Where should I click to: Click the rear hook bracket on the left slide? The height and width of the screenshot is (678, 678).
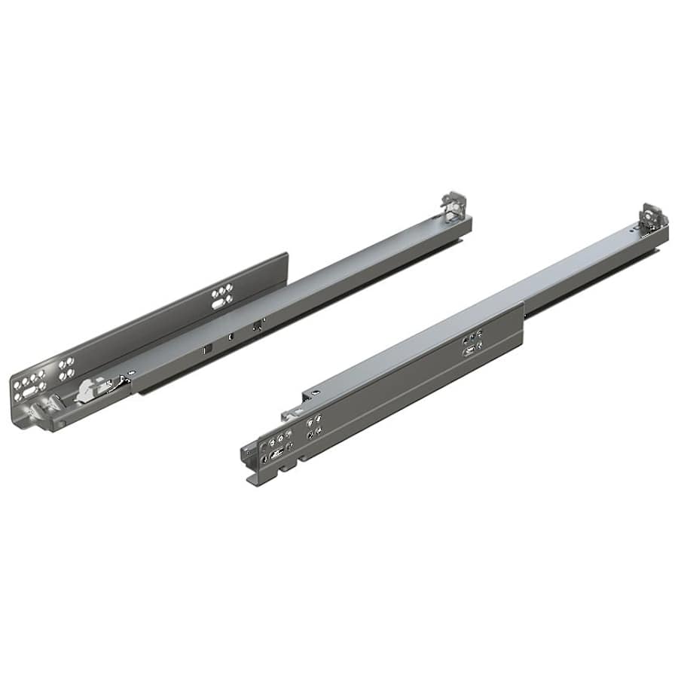(454, 206)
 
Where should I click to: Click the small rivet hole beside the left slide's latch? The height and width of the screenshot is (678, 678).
(130, 372)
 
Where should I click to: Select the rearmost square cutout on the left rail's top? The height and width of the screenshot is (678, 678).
(258, 326)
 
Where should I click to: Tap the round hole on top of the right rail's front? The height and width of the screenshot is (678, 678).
(314, 392)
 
